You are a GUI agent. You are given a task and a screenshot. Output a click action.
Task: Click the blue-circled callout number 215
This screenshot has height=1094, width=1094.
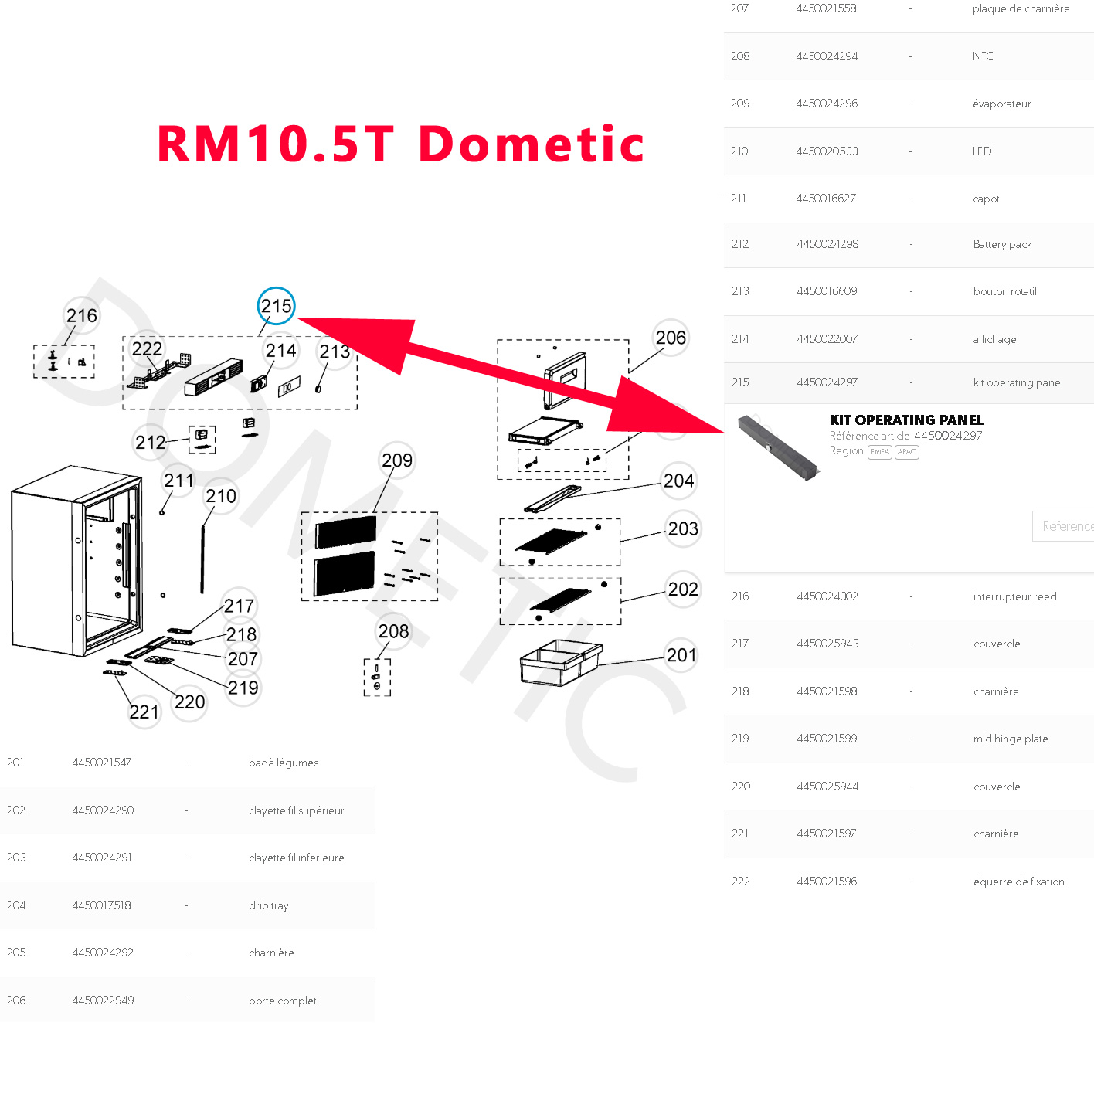point(276,307)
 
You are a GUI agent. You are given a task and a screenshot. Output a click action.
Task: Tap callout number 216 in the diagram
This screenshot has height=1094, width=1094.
point(82,316)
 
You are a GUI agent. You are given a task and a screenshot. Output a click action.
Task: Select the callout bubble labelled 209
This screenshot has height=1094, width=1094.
point(397,461)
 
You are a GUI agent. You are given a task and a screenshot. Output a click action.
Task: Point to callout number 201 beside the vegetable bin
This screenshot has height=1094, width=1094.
point(681,656)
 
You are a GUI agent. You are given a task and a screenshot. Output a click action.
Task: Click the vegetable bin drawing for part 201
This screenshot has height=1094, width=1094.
point(560,662)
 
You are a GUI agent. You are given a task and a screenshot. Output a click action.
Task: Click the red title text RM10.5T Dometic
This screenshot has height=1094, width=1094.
point(400,144)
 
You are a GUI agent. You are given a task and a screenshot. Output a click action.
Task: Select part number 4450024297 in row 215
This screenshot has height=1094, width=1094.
point(827,382)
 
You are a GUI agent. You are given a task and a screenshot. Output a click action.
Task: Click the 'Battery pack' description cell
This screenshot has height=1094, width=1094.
point(1002,244)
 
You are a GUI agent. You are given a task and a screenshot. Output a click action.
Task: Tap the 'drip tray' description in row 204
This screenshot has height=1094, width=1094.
point(269,905)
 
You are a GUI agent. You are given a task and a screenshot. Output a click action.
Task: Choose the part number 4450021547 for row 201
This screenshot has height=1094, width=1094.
point(102,763)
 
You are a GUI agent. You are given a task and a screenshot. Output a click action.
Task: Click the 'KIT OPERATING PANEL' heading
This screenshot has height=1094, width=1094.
point(906,420)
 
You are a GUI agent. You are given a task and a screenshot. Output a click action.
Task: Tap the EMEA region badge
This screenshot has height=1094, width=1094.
point(879,452)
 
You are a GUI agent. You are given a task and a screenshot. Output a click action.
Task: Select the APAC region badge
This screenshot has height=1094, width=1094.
point(906,452)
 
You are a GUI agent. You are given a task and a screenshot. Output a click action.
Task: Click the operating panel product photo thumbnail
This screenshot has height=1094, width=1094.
point(777,447)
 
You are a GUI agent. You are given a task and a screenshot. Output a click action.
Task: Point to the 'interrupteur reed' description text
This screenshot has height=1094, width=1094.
point(1014,596)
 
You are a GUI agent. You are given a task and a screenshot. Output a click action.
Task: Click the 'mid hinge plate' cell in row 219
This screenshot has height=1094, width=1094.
point(1011,739)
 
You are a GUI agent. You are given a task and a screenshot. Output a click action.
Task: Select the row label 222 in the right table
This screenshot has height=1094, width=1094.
point(741,882)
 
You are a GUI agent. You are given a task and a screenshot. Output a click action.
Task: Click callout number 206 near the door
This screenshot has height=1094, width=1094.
point(671,338)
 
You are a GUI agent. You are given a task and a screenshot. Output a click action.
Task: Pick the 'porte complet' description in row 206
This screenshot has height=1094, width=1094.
point(283,1001)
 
